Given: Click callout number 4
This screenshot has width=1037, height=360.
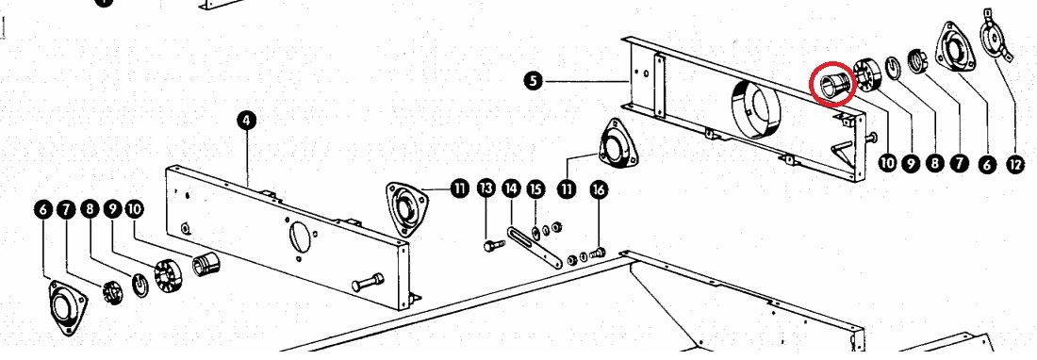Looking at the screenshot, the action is (246, 121).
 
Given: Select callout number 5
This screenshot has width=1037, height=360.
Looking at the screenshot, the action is (533, 81).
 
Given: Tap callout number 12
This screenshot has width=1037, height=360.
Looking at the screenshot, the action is (1015, 163).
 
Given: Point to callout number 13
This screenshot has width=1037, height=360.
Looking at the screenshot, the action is (486, 188).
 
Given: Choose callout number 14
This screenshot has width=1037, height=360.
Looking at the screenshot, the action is (511, 188).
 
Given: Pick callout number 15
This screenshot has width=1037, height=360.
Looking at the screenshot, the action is (535, 188).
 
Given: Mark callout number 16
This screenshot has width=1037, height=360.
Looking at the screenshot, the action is (599, 190).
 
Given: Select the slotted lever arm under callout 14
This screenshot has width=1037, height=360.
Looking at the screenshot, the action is (535, 246).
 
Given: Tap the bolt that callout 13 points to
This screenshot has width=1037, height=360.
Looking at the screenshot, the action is (494, 245).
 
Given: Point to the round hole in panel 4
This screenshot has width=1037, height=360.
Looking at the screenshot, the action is (300, 237).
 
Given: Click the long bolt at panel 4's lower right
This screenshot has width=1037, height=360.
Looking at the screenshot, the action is (367, 282).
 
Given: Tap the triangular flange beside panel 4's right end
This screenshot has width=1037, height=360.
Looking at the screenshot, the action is (404, 208).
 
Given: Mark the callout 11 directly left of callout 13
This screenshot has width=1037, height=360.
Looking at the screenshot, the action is (460, 188).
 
